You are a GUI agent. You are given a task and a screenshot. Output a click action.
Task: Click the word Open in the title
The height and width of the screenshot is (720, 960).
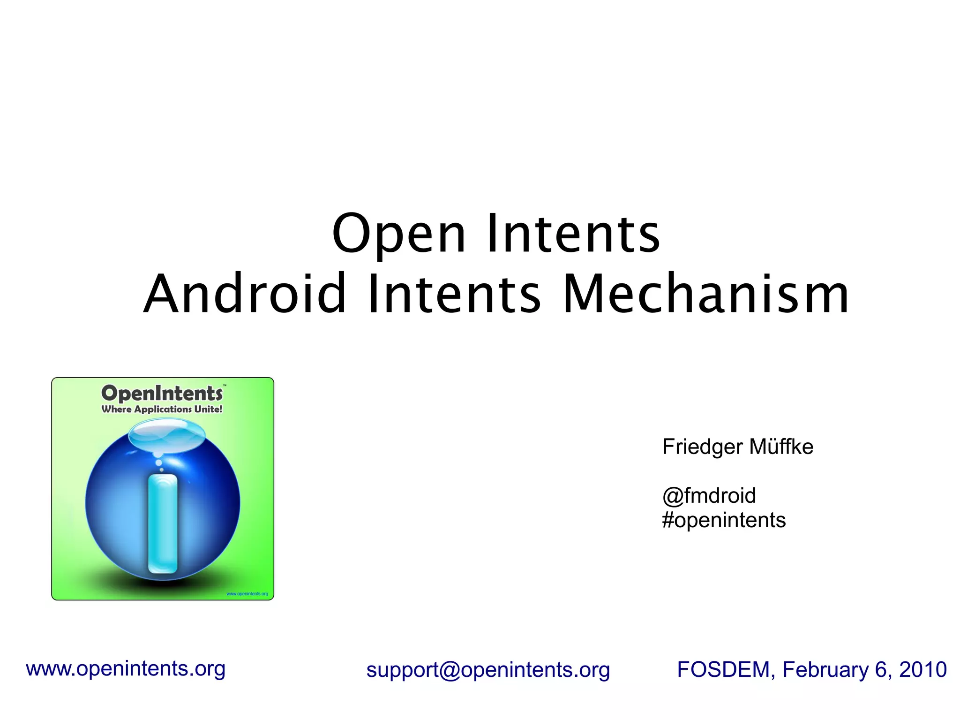tap(398, 234)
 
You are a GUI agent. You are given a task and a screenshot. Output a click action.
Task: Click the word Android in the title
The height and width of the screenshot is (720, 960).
tap(244, 294)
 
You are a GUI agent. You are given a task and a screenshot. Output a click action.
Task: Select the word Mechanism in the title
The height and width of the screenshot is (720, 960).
tap(705, 294)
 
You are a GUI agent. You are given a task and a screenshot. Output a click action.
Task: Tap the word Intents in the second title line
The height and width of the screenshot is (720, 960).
tap(454, 294)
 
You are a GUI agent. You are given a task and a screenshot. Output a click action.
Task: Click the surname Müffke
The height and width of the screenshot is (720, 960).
tap(781, 447)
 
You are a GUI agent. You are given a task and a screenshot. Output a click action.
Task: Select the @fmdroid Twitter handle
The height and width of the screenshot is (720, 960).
tap(709, 496)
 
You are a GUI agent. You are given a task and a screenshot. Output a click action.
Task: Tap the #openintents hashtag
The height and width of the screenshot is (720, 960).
tap(724, 520)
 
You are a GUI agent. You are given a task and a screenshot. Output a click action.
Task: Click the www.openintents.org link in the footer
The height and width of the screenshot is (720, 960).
tap(126, 668)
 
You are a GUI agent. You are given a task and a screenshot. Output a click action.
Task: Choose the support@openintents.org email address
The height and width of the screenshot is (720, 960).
tap(488, 670)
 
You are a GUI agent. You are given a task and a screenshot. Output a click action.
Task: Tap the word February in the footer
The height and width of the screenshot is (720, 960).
tap(825, 669)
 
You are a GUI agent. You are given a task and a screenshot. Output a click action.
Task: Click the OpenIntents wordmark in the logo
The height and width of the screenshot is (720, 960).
tap(162, 393)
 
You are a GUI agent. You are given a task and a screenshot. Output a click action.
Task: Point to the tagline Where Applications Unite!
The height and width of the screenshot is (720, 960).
tap(162, 409)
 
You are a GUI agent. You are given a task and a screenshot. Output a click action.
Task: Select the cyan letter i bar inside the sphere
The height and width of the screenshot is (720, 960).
tap(163, 523)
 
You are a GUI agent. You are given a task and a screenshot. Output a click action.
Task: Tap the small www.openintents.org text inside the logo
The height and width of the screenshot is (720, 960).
tap(247, 594)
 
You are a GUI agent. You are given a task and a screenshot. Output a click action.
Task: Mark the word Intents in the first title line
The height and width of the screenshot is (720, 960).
tap(573, 234)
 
